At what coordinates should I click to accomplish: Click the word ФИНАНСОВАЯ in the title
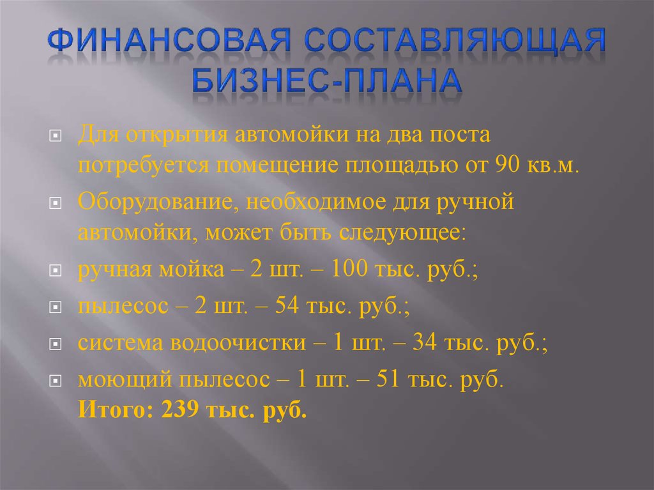tap(169, 40)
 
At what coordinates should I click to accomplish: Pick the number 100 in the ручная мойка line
tap(349, 268)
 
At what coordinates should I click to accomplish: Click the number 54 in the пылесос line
tap(287, 305)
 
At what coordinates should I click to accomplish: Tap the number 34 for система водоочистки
tap(425, 342)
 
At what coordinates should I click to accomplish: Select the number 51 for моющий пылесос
tap(388, 379)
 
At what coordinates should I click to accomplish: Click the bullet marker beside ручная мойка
tap(56, 270)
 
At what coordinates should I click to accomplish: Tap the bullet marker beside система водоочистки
tap(56, 344)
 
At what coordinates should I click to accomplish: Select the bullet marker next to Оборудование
tap(56, 203)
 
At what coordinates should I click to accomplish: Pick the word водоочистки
tap(238, 343)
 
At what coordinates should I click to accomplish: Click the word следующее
tap(402, 233)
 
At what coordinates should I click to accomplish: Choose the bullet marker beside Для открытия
tap(56, 135)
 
